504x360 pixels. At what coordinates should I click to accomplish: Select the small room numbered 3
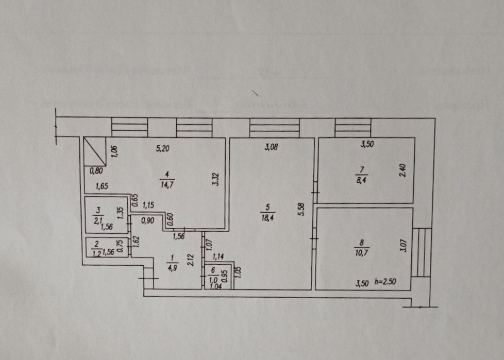106,215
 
